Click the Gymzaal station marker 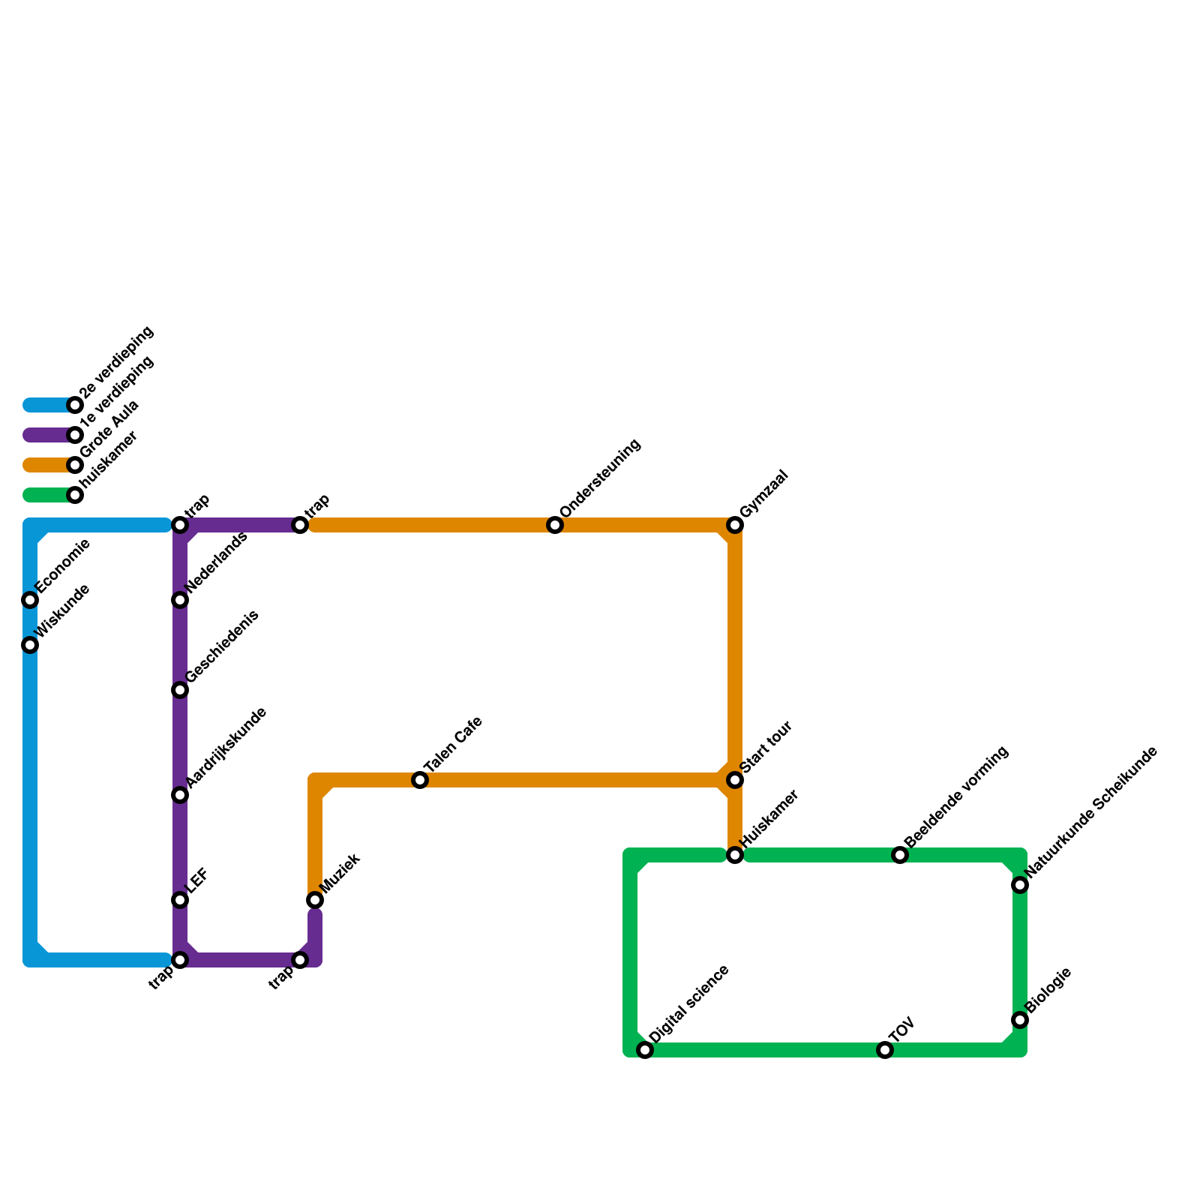(x=735, y=525)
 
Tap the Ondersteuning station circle (x=555, y=525)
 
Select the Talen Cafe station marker (x=420, y=780)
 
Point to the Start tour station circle (x=735, y=780)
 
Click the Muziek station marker (x=315, y=900)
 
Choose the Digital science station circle (x=645, y=1050)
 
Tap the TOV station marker (x=885, y=1050)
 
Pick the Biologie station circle (x=1020, y=1020)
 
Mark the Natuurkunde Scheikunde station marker (x=1020, y=885)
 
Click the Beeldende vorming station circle (x=900, y=855)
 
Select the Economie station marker (x=30, y=600)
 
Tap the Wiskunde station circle (x=30, y=645)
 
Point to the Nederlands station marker (x=180, y=600)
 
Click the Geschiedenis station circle (x=180, y=690)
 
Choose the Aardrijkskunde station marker (x=180, y=795)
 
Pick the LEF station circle (x=180, y=900)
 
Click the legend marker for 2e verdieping (x=75, y=405)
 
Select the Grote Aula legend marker (x=75, y=465)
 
